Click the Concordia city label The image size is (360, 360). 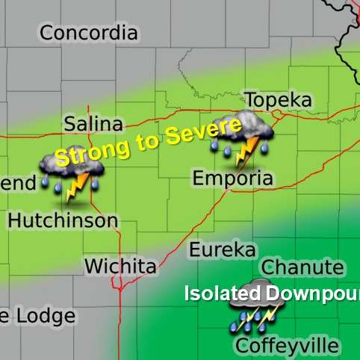click(x=89, y=33)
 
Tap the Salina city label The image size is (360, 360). click(x=93, y=124)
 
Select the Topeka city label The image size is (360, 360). click(x=280, y=101)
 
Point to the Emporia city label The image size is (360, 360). click(x=233, y=179)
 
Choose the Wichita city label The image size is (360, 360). click(x=120, y=266)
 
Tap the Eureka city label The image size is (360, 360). click(x=222, y=249)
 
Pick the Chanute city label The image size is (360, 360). click(x=303, y=267)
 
